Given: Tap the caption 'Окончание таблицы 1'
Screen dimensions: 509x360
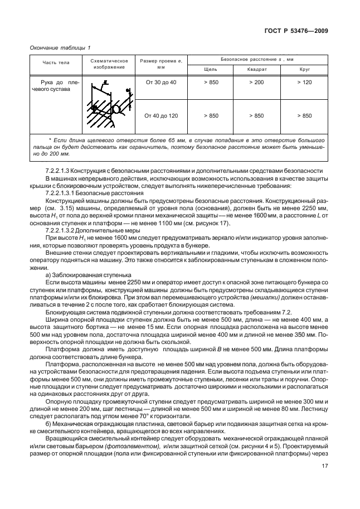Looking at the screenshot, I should tap(60, 48).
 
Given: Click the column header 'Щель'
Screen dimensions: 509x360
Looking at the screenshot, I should tap(211, 69).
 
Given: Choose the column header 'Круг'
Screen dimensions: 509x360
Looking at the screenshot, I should tap(304, 69).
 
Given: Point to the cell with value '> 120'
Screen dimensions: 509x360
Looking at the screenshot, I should tap(304, 83).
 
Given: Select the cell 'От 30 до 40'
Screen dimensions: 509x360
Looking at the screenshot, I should tap(161, 83).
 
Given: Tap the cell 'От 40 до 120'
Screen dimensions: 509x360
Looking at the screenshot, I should tap(161, 115).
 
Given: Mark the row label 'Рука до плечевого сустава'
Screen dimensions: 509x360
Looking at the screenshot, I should tap(55, 86).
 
